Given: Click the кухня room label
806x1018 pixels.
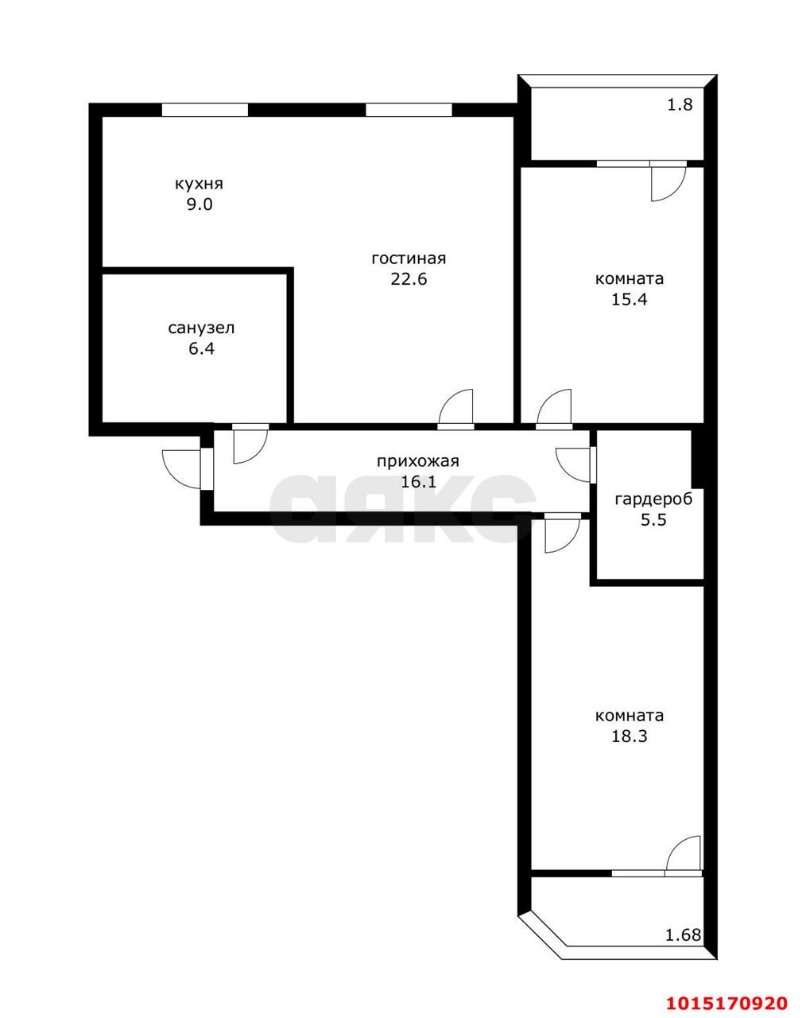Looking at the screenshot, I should (x=199, y=184).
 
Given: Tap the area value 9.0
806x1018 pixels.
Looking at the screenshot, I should (x=199, y=204).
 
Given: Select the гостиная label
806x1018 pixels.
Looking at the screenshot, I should (x=409, y=258).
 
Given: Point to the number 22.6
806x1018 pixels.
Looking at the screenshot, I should (x=409, y=279).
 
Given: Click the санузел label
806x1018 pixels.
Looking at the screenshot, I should (x=201, y=328).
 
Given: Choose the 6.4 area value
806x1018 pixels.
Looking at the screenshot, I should (x=201, y=348).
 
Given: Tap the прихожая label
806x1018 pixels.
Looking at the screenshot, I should (x=418, y=460).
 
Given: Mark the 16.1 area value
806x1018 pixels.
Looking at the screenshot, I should (x=418, y=481).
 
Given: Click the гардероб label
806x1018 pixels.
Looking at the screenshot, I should (x=653, y=499).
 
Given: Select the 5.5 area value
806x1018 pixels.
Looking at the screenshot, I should (x=653, y=520).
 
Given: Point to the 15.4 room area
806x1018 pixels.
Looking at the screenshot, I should (x=630, y=300).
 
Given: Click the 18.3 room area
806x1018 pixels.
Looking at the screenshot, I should (x=630, y=736).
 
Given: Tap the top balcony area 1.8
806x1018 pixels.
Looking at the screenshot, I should (x=680, y=103).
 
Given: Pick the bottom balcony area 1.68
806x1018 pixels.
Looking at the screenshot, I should (x=683, y=934).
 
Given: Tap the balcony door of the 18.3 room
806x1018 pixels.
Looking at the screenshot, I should (x=683, y=857).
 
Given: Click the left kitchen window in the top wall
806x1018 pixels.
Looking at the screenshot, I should (x=204, y=111).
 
